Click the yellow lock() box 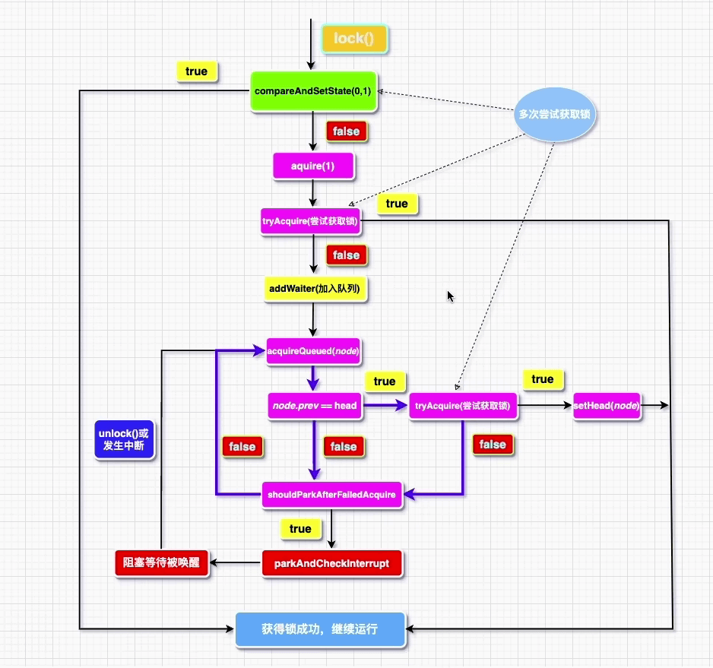355,39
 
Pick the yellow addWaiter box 314,289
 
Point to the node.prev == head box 314,406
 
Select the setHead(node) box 607,406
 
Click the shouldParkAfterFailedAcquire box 331,495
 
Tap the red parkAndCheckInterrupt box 331,564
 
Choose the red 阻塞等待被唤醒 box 161,564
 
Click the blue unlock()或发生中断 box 125,438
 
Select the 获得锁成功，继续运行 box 319,629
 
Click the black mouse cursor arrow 451,296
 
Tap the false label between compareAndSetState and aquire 346,131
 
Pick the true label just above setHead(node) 542,379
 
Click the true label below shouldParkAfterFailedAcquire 300,528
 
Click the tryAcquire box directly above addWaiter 310,222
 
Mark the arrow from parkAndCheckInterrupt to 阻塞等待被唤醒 236,563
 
